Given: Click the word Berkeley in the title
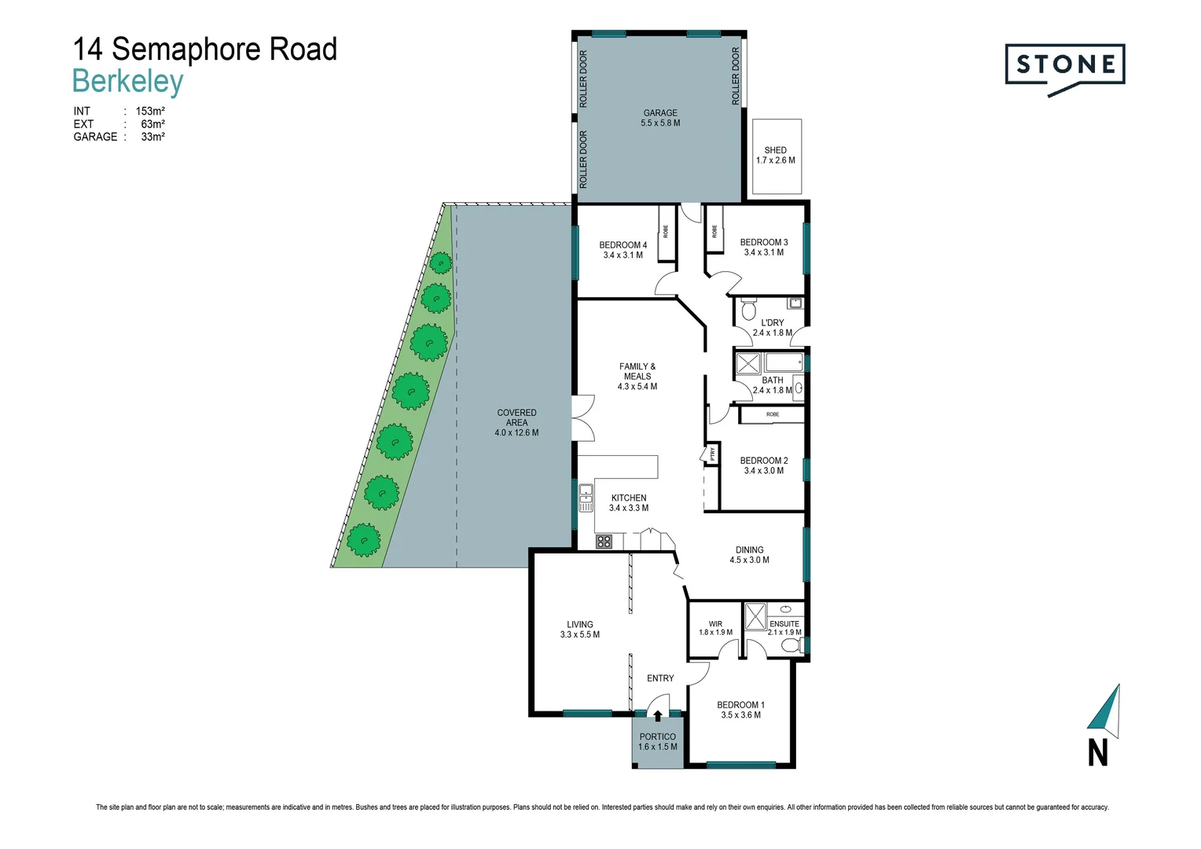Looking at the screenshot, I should point(127,82).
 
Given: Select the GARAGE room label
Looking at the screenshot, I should point(660,113).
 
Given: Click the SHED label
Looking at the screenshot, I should point(775,150).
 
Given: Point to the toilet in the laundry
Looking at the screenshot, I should point(748,309).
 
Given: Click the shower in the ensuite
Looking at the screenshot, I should point(755,616).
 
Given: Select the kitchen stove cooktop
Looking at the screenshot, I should point(604,541).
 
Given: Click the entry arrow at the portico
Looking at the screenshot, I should point(658,715).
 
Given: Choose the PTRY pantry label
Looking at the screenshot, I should point(712,454).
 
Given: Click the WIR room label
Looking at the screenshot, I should point(715,624).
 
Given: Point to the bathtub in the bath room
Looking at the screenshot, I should point(784,362).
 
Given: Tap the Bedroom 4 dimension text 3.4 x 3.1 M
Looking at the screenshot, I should point(623,255).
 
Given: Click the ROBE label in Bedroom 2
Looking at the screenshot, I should point(773,414).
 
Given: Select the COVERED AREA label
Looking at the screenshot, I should point(516,417).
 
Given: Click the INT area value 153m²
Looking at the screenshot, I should point(150,112).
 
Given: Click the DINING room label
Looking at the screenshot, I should point(749,550).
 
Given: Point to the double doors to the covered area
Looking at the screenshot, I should point(583,417).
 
